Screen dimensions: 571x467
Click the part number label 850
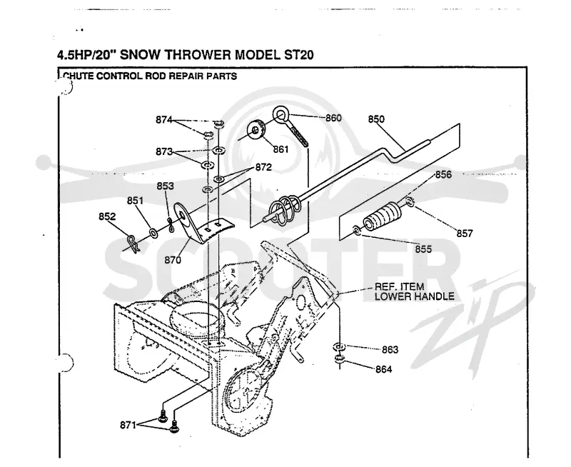376,119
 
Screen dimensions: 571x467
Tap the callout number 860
333,118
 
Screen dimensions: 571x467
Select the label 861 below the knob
281,149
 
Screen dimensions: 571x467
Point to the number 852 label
107,216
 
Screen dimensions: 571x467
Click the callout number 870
173,260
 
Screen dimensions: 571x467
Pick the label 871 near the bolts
128,425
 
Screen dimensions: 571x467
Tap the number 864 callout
384,369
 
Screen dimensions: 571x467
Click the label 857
465,233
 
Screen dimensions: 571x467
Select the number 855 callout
423,248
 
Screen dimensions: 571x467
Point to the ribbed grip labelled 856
381,216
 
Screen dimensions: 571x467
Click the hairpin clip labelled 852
133,243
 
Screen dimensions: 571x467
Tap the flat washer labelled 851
153,232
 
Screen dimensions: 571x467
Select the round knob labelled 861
256,130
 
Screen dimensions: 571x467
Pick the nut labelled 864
340,359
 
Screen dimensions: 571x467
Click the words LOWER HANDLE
415,296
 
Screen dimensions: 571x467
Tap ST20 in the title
298,55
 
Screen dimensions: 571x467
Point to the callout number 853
166,186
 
